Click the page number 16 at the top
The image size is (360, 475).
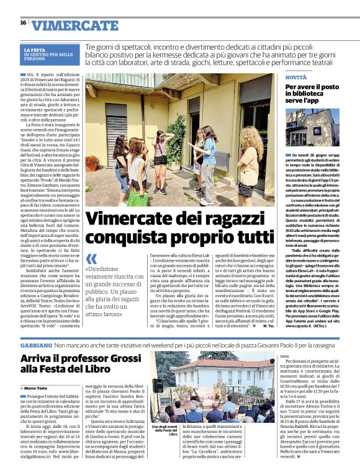23,22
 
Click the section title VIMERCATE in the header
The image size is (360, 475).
74,25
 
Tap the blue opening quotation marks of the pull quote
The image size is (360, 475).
91,259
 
